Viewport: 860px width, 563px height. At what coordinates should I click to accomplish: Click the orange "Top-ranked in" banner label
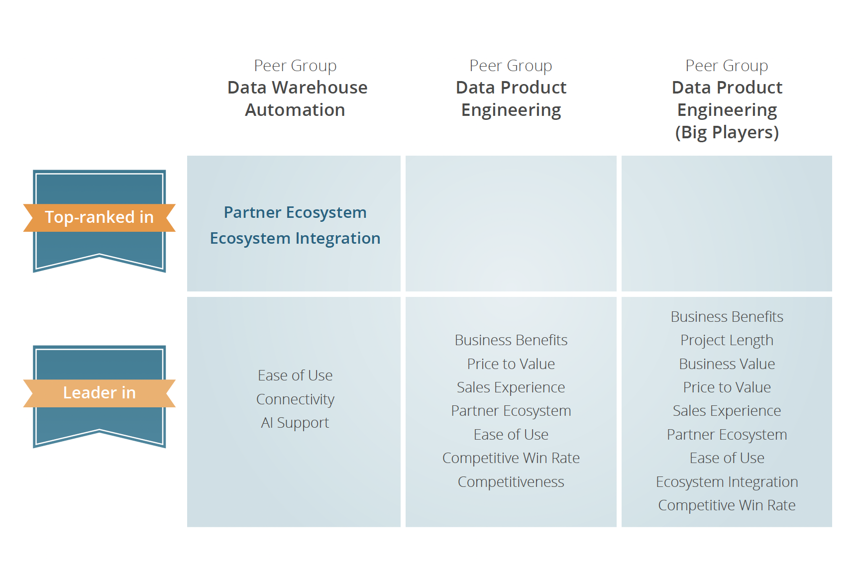[x=99, y=217]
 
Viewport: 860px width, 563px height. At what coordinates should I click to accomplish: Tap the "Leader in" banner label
[x=99, y=393]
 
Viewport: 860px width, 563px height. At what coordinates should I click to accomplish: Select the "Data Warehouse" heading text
[x=297, y=88]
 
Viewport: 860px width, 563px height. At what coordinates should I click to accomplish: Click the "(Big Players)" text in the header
[x=727, y=132]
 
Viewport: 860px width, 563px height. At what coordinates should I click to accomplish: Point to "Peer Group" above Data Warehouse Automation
[x=295, y=66]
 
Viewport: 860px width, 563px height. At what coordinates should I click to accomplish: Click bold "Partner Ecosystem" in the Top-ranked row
[x=295, y=212]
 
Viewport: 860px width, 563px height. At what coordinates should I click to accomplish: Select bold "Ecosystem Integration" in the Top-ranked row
[x=295, y=238]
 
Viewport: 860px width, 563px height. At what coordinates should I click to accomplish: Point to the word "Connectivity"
[x=295, y=399]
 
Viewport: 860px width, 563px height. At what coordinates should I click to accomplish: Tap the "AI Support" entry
[x=295, y=423]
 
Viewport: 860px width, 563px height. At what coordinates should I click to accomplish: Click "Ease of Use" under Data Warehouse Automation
[x=295, y=375]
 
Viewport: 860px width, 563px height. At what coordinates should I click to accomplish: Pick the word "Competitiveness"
[x=511, y=482]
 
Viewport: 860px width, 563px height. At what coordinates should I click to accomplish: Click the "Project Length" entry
[x=727, y=340]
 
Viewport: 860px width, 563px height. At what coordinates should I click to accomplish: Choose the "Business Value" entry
[x=727, y=364]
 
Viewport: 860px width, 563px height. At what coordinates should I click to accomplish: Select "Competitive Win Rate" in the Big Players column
[x=727, y=505]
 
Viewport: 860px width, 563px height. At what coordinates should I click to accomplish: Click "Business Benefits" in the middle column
[x=511, y=340]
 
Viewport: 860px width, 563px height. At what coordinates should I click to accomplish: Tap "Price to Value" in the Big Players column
[x=727, y=387]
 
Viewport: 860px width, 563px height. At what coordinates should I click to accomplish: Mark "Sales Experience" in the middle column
[x=511, y=387]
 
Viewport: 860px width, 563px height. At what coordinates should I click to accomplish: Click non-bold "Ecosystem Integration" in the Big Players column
[x=727, y=482]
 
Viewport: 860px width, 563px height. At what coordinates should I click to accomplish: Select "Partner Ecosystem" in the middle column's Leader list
[x=511, y=411]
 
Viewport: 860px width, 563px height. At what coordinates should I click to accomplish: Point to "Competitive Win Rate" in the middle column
[x=511, y=458]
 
